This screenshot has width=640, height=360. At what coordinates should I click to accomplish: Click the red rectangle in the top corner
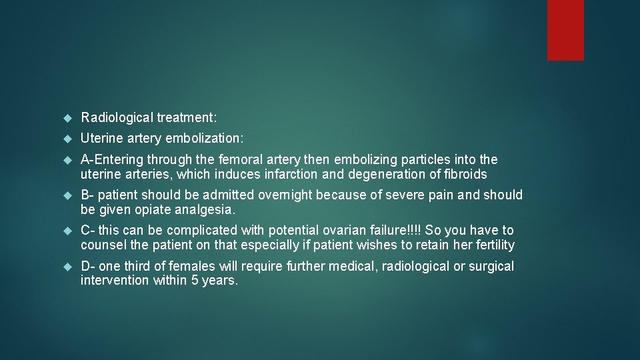pyautogui.click(x=565, y=30)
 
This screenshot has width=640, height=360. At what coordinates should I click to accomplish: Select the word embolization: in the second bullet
pyautogui.click(x=207, y=139)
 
